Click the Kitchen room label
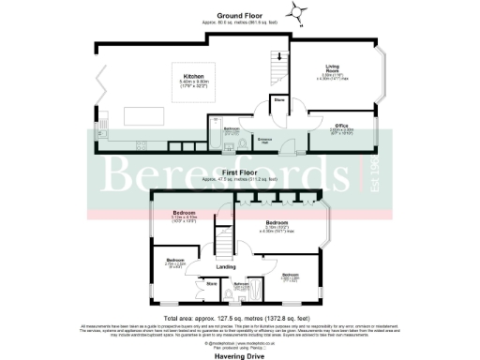(194, 76)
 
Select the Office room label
(342, 124)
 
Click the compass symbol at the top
(300, 11)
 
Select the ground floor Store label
(278, 98)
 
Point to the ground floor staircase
(276, 67)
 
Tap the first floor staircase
(223, 246)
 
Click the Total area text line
(240, 313)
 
